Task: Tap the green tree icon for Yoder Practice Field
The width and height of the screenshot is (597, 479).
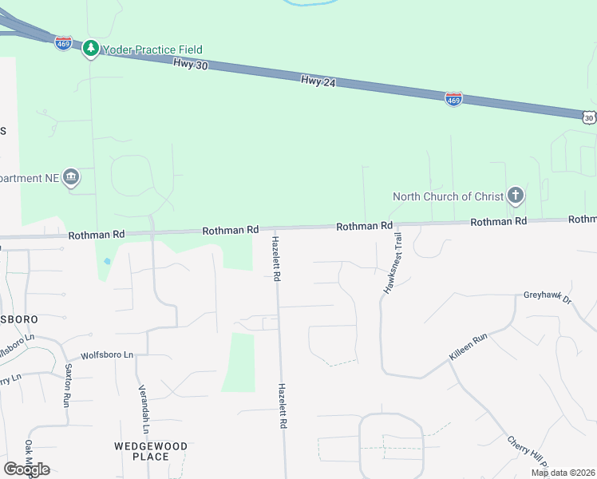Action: (x=91, y=49)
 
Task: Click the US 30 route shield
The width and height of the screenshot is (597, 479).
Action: (x=589, y=117)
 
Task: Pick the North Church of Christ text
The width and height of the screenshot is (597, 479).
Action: (x=449, y=196)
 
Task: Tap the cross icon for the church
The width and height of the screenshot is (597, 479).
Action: (x=516, y=196)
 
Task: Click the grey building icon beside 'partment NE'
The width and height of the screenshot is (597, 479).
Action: (x=71, y=177)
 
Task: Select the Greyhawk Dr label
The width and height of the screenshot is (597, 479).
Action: (x=548, y=297)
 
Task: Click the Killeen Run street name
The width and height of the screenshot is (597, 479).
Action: (x=468, y=349)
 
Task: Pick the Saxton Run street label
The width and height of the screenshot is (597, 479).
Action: (x=69, y=386)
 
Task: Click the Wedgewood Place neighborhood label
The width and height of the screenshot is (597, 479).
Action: (x=151, y=451)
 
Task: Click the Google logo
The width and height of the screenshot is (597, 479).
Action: (x=26, y=469)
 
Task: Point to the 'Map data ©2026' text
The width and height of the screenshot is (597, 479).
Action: (x=563, y=473)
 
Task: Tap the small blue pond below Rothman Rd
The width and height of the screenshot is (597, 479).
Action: (x=107, y=261)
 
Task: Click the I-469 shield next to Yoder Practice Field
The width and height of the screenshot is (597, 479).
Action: (x=64, y=43)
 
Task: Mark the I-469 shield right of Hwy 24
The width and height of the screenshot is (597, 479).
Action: (x=453, y=99)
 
